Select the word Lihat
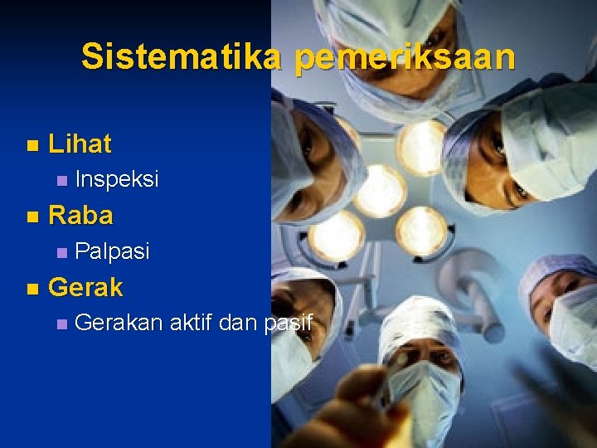(80, 144)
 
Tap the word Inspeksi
(116, 180)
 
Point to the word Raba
(80, 217)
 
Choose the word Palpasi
(112, 251)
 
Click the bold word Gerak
(85, 288)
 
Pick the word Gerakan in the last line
(119, 323)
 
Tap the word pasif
(288, 323)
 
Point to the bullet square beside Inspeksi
(59, 181)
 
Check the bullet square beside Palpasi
(59, 252)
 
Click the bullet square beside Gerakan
(59, 324)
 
